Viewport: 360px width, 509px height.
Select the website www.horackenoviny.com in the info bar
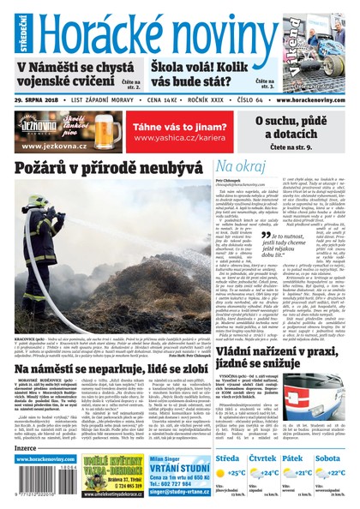[311, 99]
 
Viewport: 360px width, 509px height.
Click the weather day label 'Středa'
[227, 458]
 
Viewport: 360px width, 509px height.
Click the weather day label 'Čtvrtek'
[261, 458]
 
